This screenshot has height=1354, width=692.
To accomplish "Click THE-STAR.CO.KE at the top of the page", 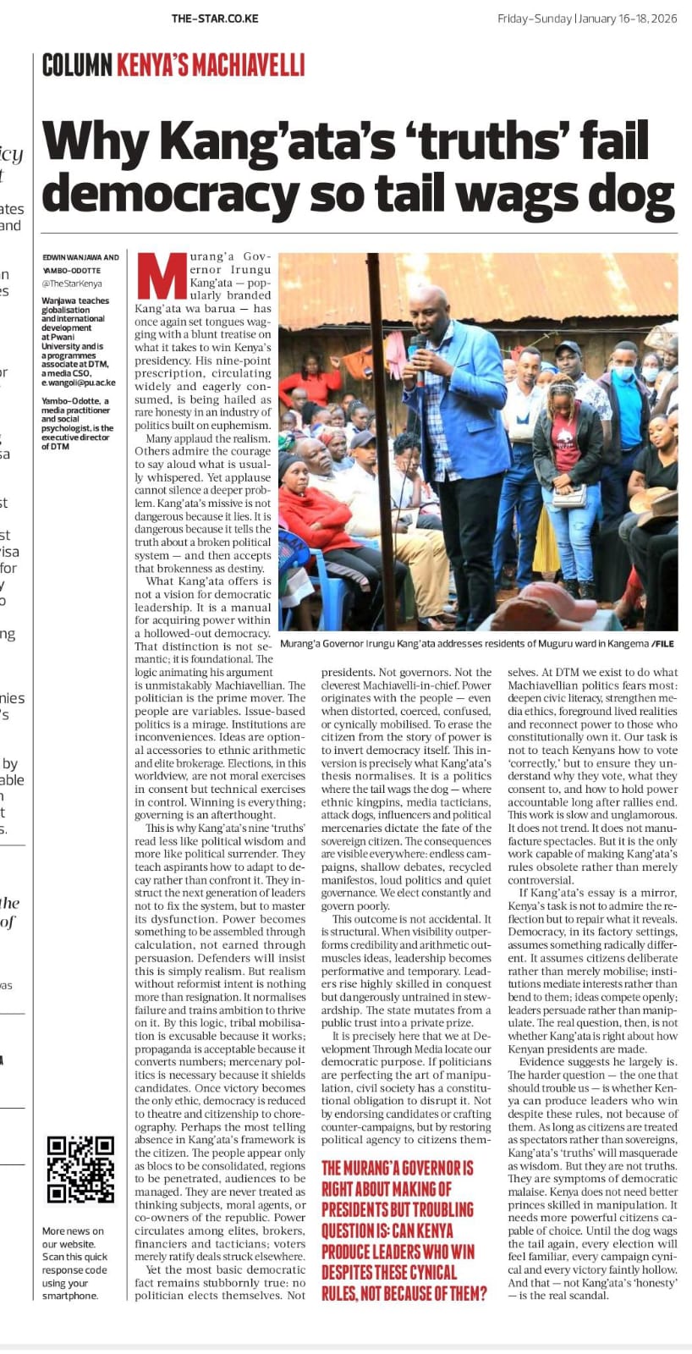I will tap(215, 19).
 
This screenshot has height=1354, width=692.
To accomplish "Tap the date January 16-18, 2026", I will tap(628, 19).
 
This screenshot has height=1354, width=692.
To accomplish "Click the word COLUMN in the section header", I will tap(77, 65).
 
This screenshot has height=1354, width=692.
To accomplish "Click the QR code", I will tap(80, 1169).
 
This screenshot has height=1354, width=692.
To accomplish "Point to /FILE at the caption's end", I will tap(662, 643).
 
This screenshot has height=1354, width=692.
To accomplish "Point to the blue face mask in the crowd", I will tap(623, 372).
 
